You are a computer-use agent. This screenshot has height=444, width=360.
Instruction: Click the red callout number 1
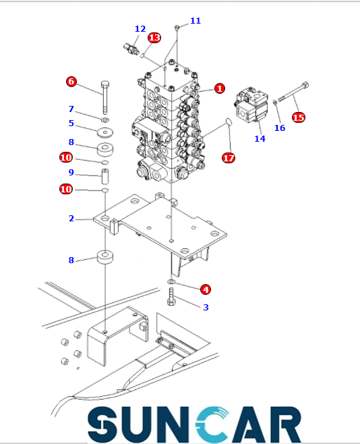[x=220, y=88]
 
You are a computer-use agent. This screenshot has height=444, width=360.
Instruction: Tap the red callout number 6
[x=71, y=82]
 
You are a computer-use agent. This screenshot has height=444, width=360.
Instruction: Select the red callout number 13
[x=154, y=38]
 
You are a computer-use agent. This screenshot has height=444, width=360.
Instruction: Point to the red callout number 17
[x=229, y=158]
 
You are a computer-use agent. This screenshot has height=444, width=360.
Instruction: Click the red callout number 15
[x=299, y=117]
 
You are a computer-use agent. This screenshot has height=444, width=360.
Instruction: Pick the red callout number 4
[x=206, y=289]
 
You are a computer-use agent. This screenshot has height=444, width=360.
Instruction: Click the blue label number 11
[x=196, y=21]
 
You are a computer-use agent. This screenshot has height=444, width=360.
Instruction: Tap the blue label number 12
[x=140, y=29]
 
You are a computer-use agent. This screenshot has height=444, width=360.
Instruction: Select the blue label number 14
[x=260, y=139]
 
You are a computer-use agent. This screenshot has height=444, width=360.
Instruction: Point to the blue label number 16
[x=280, y=128]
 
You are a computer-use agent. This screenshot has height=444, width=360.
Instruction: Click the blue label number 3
[x=206, y=307]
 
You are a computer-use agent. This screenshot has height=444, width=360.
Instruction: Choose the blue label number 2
[x=71, y=219]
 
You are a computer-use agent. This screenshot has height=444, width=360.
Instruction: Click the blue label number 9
[x=71, y=172]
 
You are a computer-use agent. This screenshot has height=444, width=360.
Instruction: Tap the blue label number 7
[x=71, y=109]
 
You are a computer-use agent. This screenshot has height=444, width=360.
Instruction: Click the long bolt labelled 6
[x=105, y=97]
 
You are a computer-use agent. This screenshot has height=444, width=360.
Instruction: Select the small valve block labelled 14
[x=251, y=105]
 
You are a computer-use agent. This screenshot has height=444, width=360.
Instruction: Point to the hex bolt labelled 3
[x=171, y=297]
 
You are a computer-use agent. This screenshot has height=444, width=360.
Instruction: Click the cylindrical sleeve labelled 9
[x=105, y=176]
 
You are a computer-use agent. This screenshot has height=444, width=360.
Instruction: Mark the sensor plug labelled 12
[x=131, y=49]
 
